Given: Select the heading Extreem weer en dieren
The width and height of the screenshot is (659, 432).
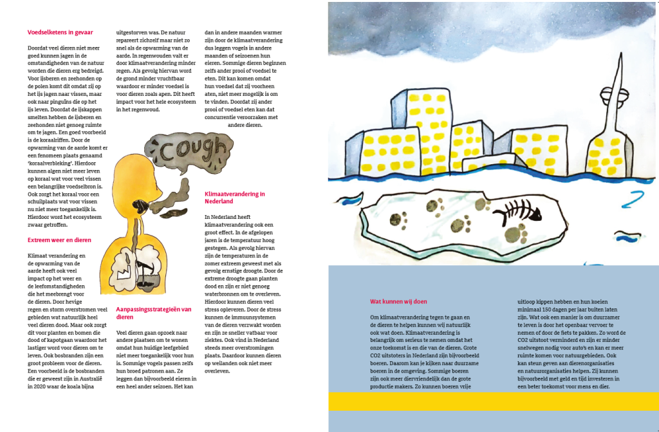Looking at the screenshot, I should tap(59, 239).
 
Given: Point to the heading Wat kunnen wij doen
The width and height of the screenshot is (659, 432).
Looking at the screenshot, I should tap(398, 301).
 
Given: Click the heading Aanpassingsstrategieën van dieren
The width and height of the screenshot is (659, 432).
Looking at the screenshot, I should tap(153, 313).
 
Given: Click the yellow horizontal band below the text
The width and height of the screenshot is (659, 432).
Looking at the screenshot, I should tap(493, 401).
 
